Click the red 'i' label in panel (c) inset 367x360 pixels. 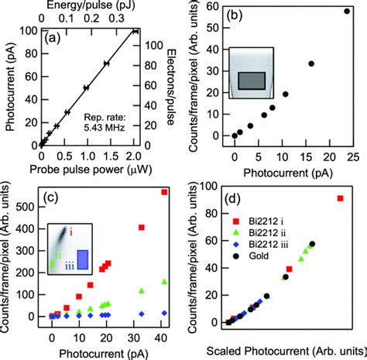point(71,229)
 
